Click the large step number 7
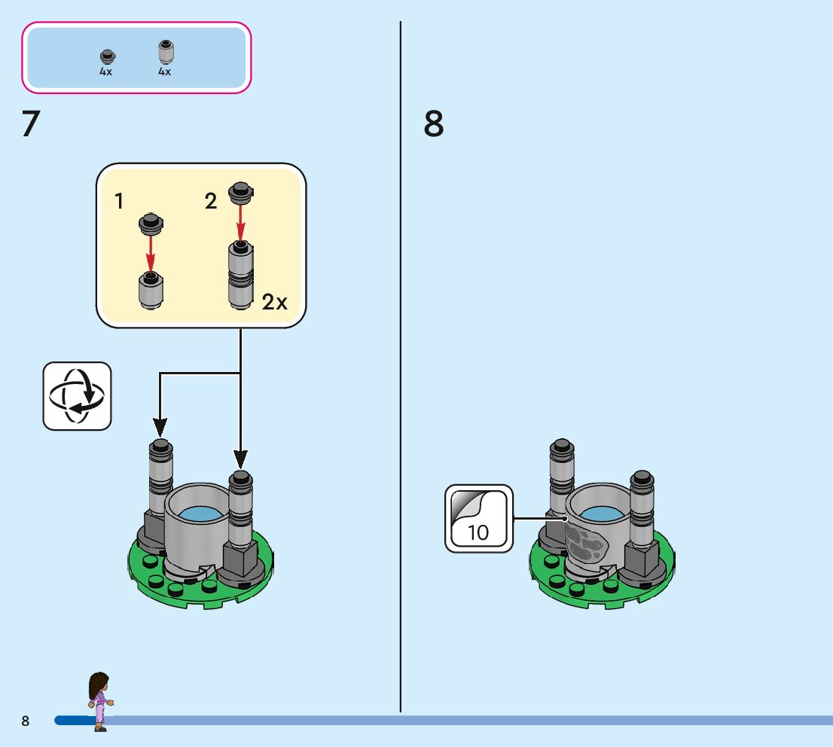click(x=30, y=124)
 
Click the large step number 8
click(x=434, y=124)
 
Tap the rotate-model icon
click(x=77, y=396)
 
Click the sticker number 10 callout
click(x=478, y=519)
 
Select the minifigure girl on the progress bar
click(x=99, y=700)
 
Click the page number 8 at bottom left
click(x=26, y=721)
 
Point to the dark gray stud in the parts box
click(x=106, y=56)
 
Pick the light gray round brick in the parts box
click(x=165, y=52)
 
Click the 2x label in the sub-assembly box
click(x=275, y=303)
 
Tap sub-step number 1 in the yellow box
click(x=120, y=201)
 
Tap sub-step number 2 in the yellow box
click(x=211, y=201)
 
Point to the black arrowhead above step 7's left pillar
click(x=160, y=428)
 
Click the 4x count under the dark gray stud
click(x=105, y=72)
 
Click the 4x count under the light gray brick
click(x=164, y=72)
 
